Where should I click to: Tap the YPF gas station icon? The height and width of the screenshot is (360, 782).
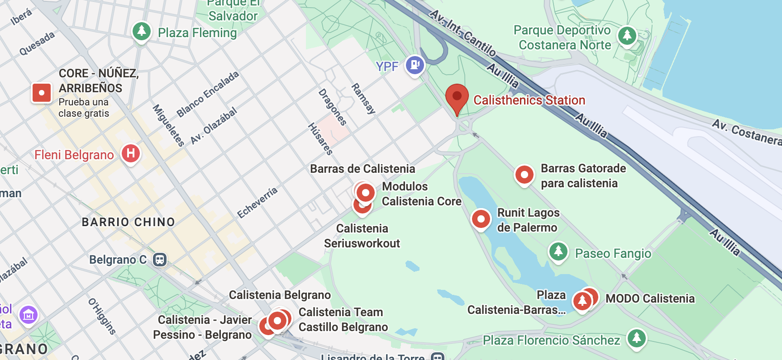(x=415, y=65)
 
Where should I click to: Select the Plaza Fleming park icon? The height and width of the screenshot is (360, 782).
(x=142, y=32)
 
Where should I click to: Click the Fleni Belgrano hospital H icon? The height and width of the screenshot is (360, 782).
(x=131, y=153)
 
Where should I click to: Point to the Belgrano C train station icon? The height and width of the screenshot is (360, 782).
(x=159, y=260)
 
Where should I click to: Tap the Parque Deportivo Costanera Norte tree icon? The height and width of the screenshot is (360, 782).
(x=627, y=35)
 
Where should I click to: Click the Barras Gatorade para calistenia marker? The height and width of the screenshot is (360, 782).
(x=525, y=175)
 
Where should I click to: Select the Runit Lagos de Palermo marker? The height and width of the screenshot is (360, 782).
(x=481, y=219)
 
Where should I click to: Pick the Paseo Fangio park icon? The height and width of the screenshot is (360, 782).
(x=558, y=251)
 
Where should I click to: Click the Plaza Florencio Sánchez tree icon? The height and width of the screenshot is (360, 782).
(x=637, y=338)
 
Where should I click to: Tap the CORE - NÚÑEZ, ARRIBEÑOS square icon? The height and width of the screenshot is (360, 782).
(x=42, y=93)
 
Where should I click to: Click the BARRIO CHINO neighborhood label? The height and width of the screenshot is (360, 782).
(x=128, y=222)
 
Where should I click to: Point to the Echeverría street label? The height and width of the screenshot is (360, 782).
(x=257, y=202)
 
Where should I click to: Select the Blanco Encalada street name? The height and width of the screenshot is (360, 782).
(x=207, y=94)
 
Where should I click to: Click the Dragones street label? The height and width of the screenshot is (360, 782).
(x=333, y=107)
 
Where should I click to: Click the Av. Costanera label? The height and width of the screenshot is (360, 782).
(x=747, y=132)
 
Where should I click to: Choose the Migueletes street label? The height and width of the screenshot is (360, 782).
(x=168, y=125)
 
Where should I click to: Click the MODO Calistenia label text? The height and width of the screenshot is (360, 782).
(x=650, y=298)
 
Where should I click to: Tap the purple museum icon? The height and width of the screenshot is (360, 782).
(x=29, y=315)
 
